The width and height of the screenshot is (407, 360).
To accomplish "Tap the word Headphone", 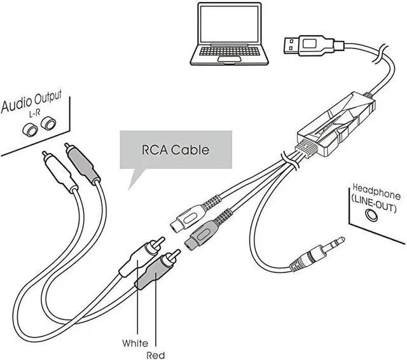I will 375,190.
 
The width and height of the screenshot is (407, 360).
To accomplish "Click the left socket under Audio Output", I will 29,129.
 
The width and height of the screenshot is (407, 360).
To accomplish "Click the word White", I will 135,343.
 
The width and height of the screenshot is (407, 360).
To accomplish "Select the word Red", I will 156,354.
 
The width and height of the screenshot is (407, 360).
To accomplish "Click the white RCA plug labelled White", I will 141,256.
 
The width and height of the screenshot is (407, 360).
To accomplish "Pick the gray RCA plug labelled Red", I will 155,270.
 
